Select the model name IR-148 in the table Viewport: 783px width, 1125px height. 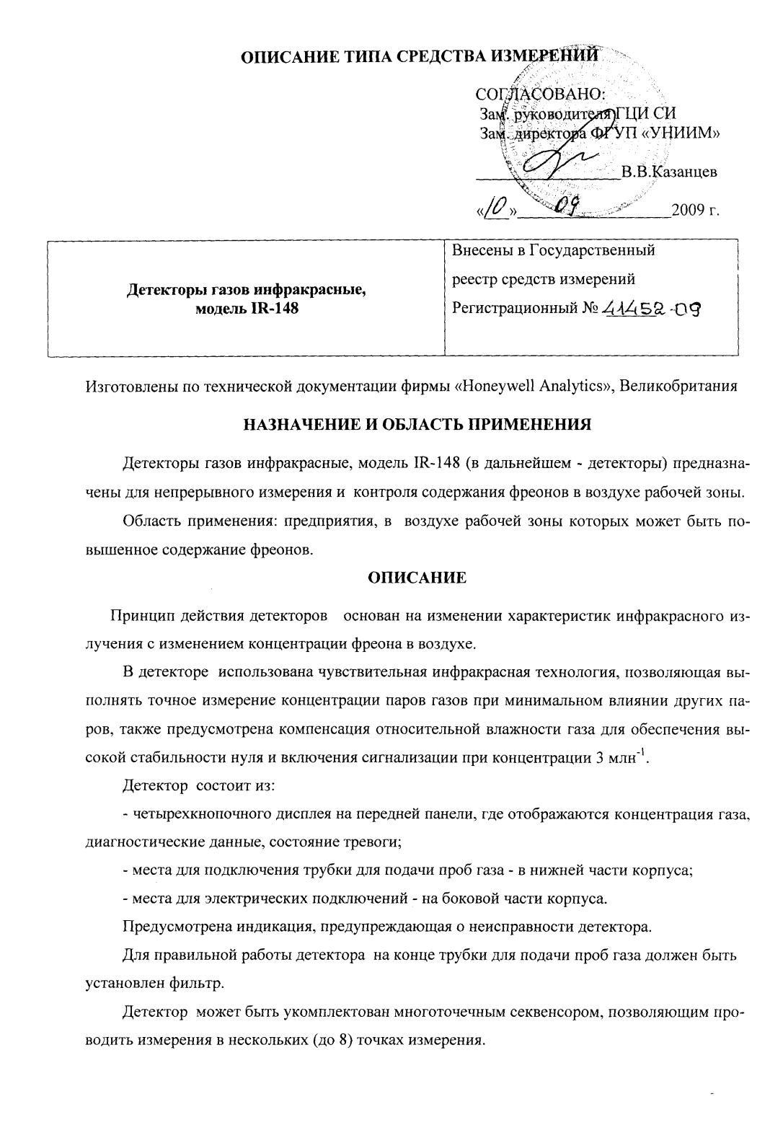click(x=274, y=309)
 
